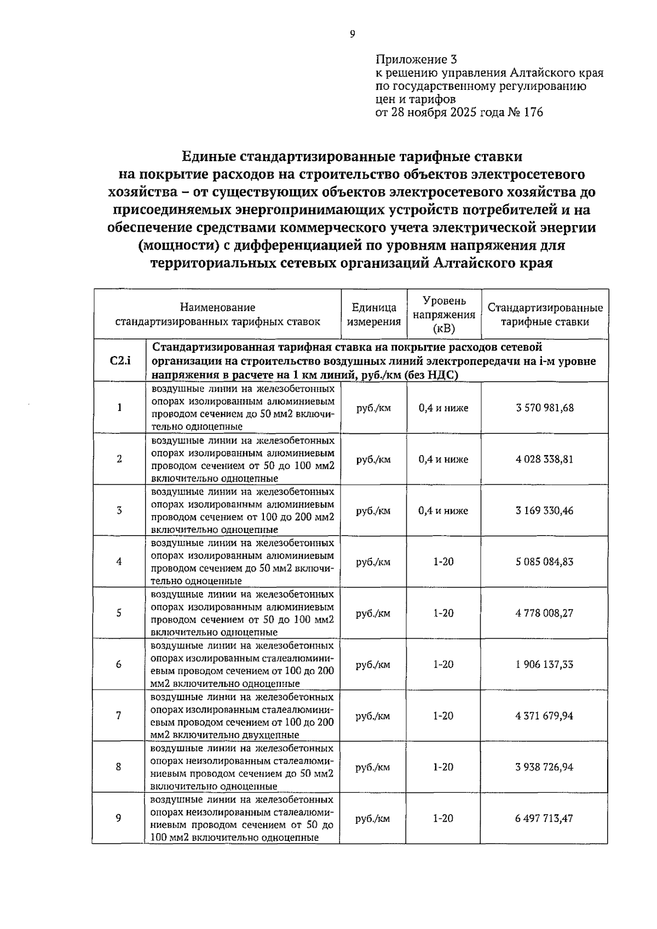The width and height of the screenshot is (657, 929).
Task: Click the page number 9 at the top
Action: [x=352, y=34]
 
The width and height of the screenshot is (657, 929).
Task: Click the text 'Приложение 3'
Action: [x=416, y=59]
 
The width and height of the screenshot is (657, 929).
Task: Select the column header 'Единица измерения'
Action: [x=374, y=314]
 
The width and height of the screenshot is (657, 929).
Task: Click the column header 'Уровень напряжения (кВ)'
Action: [x=444, y=314]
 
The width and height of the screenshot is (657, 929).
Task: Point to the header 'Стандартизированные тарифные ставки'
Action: [x=545, y=314]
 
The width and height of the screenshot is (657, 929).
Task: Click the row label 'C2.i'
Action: [x=120, y=360]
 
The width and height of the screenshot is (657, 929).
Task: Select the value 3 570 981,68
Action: [x=544, y=408]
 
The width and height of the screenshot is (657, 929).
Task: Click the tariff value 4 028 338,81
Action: [x=544, y=459]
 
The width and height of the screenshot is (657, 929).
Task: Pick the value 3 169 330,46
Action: [x=544, y=511]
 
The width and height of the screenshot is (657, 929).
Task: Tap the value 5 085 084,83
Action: [x=544, y=561]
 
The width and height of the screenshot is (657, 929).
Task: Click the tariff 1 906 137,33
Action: [x=544, y=664]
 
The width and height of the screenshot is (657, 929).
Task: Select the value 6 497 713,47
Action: [x=544, y=818]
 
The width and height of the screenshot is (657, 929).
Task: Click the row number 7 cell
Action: [x=119, y=715]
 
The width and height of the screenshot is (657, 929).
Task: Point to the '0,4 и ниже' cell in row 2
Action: [x=443, y=459]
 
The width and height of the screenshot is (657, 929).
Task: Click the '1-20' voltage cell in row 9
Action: [x=443, y=818]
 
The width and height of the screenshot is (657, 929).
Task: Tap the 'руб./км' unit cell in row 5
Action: [x=373, y=613]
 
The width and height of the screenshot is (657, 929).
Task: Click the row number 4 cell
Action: [x=119, y=561]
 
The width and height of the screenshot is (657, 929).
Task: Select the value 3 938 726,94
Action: [x=544, y=767]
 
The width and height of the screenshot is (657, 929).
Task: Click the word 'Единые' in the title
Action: [x=209, y=157]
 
